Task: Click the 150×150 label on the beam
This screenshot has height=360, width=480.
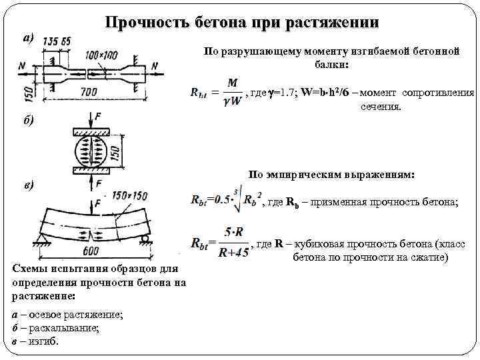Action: coord(130,195)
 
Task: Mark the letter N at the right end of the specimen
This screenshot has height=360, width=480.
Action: coord(155,65)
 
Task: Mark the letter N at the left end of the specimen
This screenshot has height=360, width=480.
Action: coord(23,65)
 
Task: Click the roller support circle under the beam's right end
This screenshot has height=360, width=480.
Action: coord(144,239)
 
